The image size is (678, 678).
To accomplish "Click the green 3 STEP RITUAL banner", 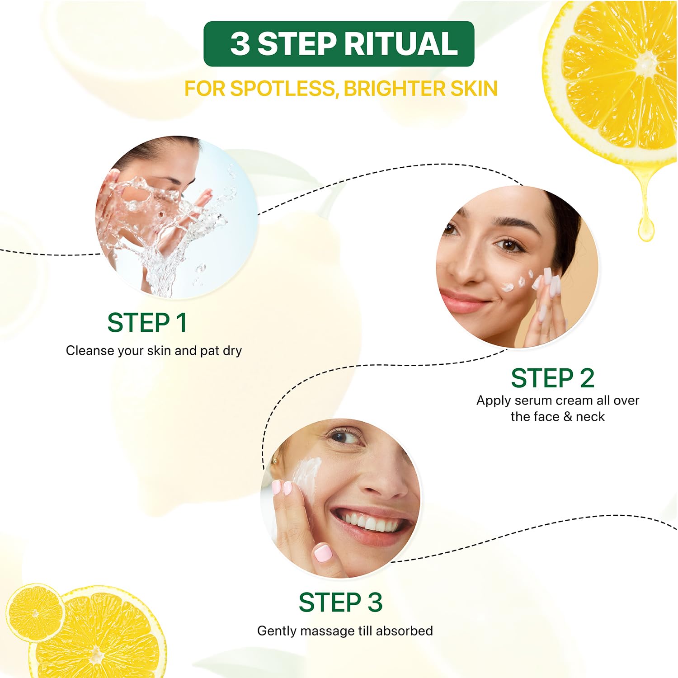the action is tap(339, 44).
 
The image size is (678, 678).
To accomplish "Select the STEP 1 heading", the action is tap(147, 323).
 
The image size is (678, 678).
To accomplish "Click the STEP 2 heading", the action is tap(552, 378).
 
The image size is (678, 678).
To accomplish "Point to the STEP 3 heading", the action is tap(340, 603).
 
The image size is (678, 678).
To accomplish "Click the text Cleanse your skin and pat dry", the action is tap(154, 351).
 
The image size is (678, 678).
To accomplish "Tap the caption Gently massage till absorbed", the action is tap(345, 631).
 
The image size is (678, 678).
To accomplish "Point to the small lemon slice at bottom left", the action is tap(35, 612).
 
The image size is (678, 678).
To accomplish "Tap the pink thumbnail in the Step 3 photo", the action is tap(322, 553).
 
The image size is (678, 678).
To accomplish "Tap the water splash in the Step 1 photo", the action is tap(167, 226).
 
